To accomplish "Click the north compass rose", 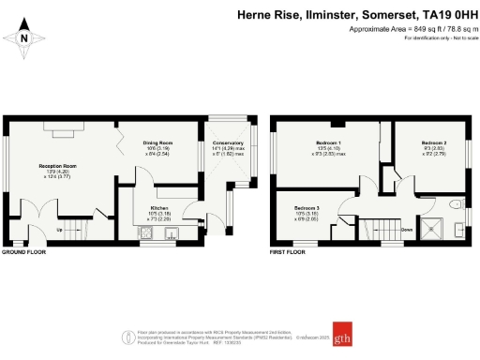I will pyautogui.click(x=24, y=38).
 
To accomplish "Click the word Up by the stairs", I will pyautogui.click(x=61, y=228).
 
